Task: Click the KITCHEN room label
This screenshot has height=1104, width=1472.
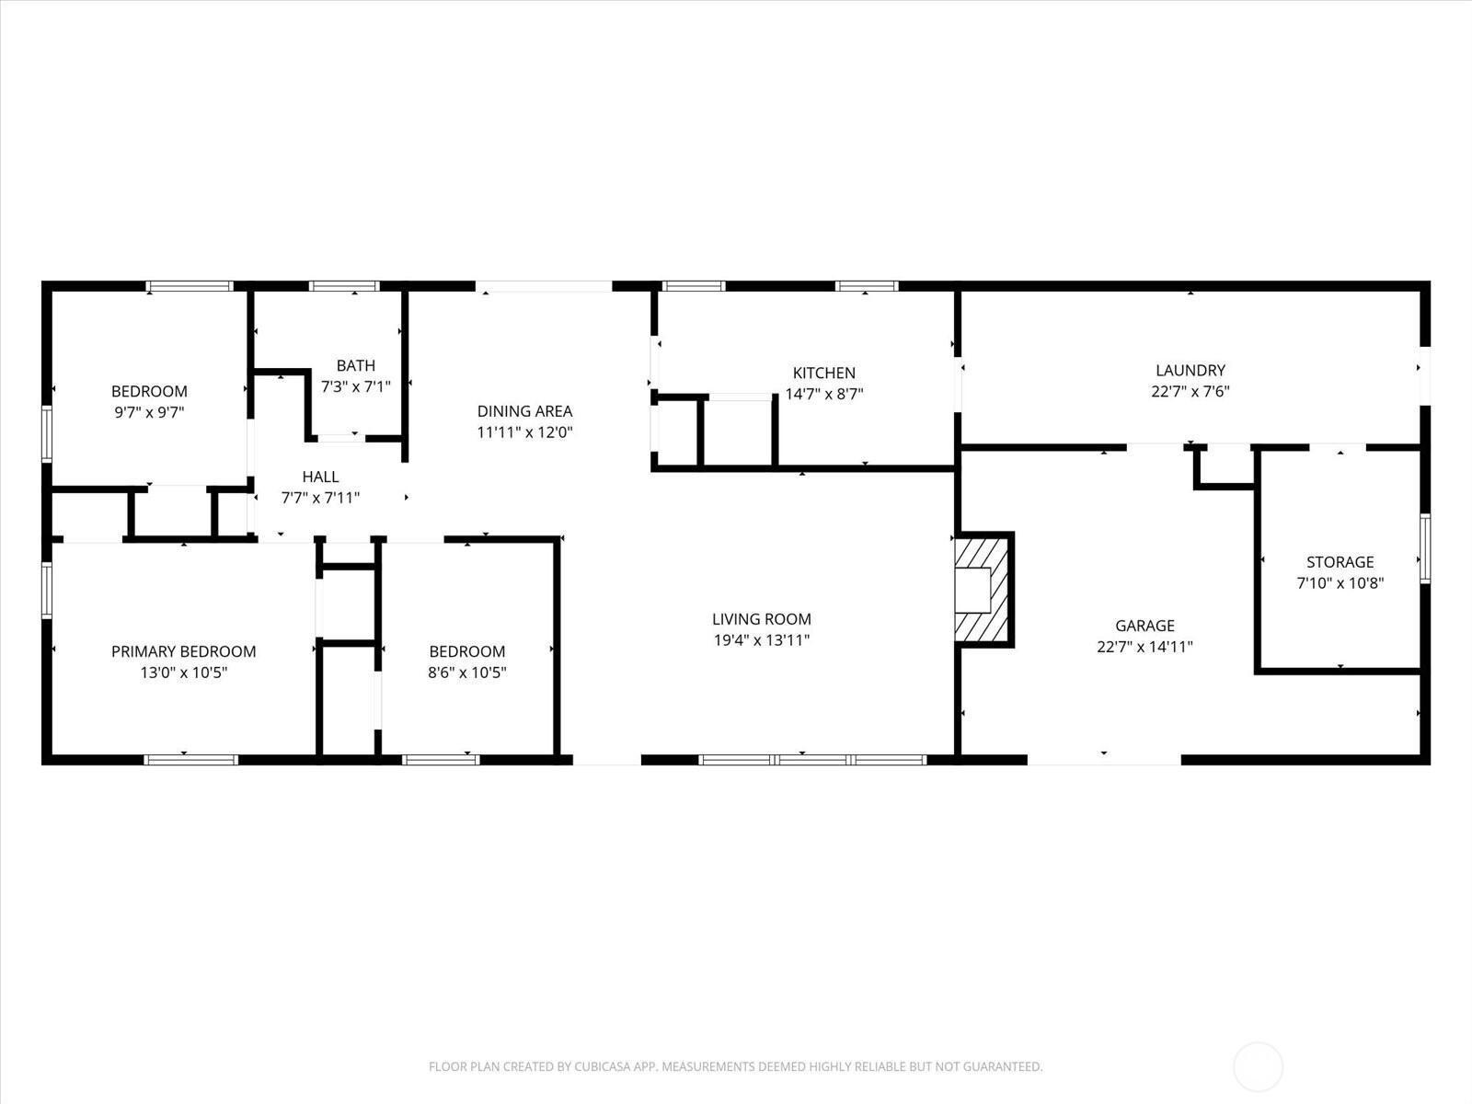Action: [x=823, y=373]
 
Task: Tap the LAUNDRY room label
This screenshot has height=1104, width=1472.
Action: [x=1190, y=370]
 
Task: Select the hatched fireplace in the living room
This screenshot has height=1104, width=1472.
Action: [x=983, y=590]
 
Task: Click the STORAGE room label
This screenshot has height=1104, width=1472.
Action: [x=1340, y=562]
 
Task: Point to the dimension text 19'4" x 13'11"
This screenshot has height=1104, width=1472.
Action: [x=761, y=640]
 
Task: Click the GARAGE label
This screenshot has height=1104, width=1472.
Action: [x=1144, y=626]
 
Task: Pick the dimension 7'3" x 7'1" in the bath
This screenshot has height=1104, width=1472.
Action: [x=355, y=386]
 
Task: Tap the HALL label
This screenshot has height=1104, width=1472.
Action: [x=320, y=477]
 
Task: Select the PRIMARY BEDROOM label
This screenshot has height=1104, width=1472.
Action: [x=183, y=651]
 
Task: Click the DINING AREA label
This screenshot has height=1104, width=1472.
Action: [x=524, y=411]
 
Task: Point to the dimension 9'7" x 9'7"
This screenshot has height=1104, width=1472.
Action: [x=149, y=412]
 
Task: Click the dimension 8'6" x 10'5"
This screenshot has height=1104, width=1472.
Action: [x=466, y=673]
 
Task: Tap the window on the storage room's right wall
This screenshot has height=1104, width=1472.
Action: [x=1425, y=548]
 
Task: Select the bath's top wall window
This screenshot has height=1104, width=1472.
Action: [x=344, y=286]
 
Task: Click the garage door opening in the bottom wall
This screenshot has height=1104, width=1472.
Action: [x=1104, y=760]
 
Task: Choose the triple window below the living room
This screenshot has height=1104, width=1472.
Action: [x=812, y=760]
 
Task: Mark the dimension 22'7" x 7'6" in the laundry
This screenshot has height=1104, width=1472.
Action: [x=1190, y=392]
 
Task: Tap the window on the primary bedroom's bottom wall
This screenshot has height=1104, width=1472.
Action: [x=190, y=760]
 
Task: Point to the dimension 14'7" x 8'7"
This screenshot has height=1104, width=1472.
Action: [x=823, y=394]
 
